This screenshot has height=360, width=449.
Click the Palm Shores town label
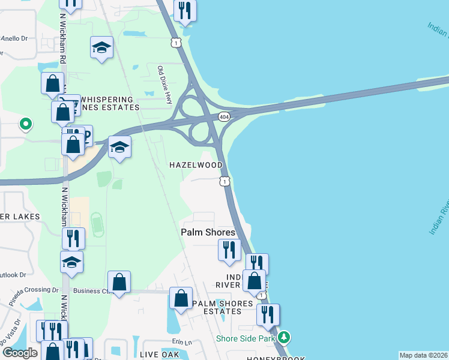pyautogui.click(x=208, y=232)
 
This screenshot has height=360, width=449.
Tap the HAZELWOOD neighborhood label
pyautogui.click(x=196, y=165)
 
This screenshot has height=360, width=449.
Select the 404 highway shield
pyautogui.click(x=224, y=116)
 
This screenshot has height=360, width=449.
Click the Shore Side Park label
pyautogui.click(x=246, y=338)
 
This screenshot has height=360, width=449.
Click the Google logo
pyautogui.click(x=20, y=353)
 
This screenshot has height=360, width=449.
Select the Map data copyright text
pyautogui.click(x=423, y=355)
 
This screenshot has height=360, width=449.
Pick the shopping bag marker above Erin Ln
pyautogui.click(x=181, y=299)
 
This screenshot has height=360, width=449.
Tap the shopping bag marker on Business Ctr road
pyautogui.click(x=119, y=282)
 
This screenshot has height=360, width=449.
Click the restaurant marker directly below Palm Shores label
pyautogui.click(x=229, y=249)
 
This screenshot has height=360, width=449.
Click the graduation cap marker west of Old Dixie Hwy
pyautogui.click(x=102, y=48)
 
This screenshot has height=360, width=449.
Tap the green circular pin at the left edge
pyautogui.click(x=25, y=124)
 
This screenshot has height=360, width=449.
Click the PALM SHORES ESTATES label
pyautogui.click(x=222, y=307)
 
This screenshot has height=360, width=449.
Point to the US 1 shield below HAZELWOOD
pyautogui.click(x=224, y=181)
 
